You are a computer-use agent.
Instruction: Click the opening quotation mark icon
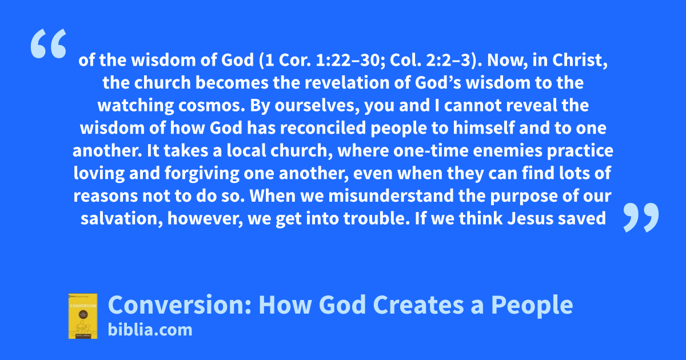point(49,43)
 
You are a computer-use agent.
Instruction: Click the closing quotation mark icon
point(641,217)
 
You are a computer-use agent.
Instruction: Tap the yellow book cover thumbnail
point(83,316)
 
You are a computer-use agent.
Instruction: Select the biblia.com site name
point(150,330)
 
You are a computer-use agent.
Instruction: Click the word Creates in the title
point(418,305)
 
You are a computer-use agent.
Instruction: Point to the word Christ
point(580,60)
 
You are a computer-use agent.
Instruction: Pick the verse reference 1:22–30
point(350,60)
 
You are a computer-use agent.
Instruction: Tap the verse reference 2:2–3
point(452,60)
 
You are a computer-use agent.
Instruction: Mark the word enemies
point(508,151)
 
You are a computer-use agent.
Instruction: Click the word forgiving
point(202,174)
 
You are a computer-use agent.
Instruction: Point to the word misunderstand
point(391,196)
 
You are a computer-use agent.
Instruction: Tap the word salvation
point(122,219)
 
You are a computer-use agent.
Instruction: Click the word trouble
point(376,218)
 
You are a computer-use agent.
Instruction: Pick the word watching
point(135,106)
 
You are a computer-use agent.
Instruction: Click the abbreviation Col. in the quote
point(405,60)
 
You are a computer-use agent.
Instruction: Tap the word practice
point(580,151)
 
